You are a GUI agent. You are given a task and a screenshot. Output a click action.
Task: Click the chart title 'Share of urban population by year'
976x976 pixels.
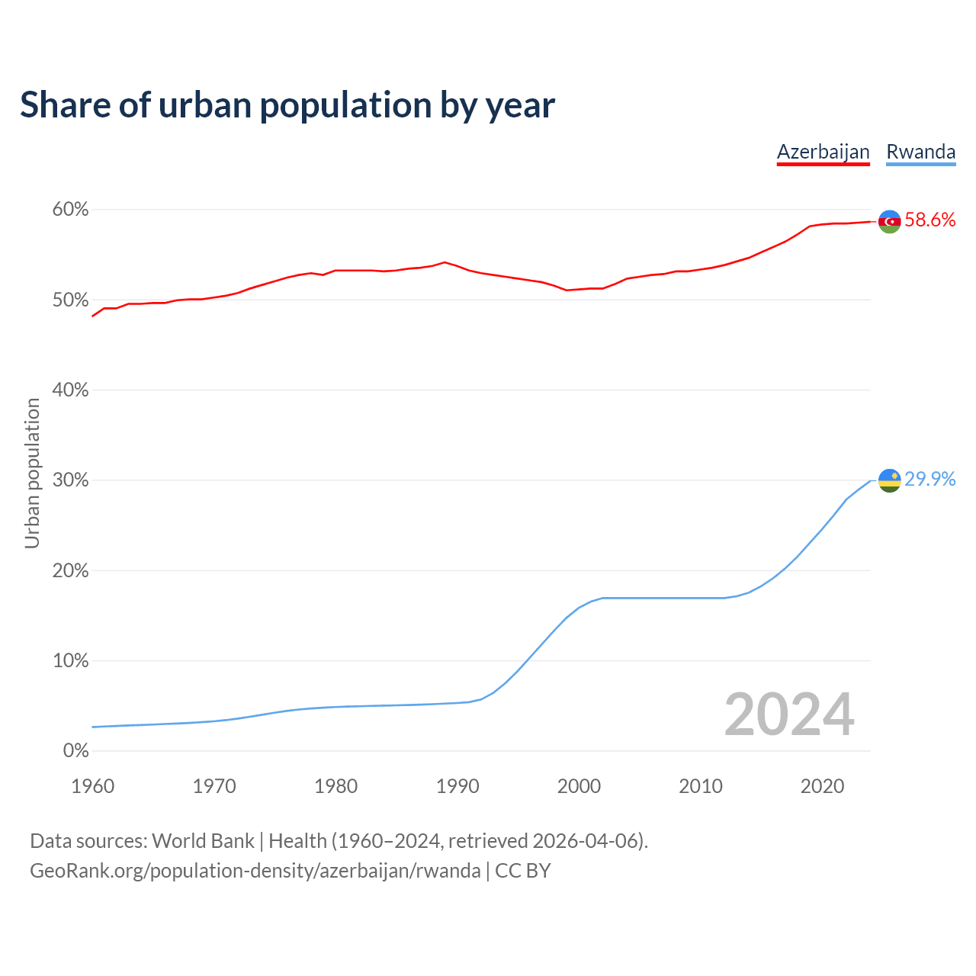[287, 105]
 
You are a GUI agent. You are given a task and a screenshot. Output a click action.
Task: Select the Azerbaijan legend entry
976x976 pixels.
[823, 152]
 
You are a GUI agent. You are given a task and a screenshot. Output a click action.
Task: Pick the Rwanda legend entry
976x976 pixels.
[920, 152]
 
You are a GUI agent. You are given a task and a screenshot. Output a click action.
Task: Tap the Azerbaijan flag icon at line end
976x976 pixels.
[890, 221]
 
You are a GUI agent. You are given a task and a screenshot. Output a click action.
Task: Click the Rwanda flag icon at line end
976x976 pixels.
[890, 480]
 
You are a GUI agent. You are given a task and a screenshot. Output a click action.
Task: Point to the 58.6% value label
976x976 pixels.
[929, 220]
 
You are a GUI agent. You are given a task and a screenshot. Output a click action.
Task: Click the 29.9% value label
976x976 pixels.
[929, 479]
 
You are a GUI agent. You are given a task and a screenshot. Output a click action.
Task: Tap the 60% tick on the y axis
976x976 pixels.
[70, 210]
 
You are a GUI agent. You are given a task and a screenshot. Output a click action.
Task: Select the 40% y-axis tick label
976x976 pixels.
[70, 390]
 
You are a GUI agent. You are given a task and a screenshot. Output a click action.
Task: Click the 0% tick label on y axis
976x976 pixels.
[75, 751]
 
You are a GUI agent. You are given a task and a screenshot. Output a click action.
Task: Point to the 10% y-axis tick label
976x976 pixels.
[70, 661]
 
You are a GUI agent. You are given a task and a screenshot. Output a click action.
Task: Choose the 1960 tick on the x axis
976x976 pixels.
[92, 786]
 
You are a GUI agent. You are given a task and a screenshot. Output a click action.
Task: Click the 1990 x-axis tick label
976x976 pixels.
[457, 786]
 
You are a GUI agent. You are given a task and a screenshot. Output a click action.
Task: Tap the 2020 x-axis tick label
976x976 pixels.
[822, 786]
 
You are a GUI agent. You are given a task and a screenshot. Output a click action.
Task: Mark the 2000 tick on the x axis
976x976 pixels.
[579, 786]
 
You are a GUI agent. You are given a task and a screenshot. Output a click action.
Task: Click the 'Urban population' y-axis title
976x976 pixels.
[32, 473]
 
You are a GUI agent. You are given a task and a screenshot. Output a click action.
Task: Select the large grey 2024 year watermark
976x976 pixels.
[789, 714]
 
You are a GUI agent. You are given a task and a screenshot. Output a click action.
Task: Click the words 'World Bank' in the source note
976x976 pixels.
[203, 841]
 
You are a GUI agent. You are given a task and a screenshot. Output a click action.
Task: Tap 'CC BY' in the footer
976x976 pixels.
[523, 871]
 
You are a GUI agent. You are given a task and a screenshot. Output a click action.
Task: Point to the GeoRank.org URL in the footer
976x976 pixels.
[255, 871]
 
